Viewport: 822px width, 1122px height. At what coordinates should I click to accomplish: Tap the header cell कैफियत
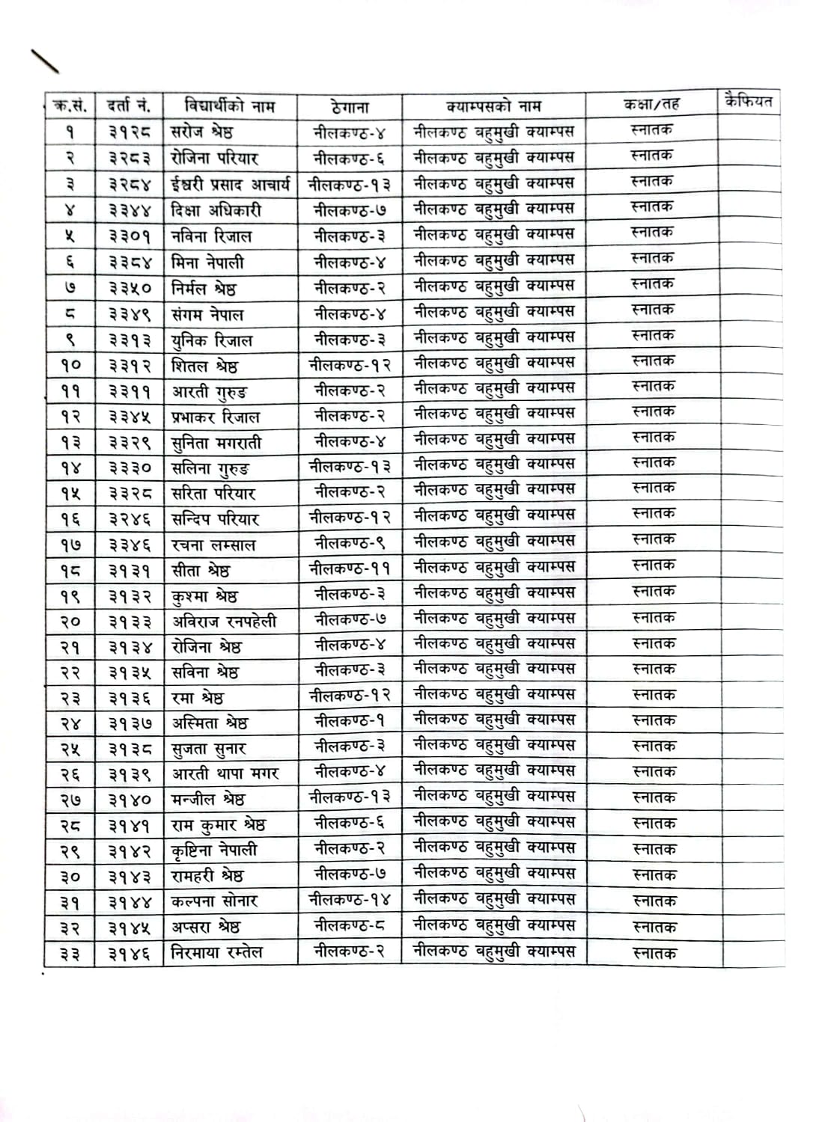(748, 102)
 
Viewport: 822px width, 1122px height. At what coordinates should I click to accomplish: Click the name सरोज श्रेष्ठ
(202, 132)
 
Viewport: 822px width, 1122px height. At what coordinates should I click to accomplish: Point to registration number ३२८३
(129, 159)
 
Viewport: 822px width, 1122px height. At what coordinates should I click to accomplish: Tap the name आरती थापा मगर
(225, 773)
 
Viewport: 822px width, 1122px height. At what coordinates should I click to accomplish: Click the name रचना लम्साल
(213, 545)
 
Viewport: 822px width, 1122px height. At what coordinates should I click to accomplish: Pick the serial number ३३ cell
(70, 954)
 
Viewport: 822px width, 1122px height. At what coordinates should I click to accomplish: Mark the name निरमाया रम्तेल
(217, 953)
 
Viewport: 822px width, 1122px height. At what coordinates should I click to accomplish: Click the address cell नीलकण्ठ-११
(350, 568)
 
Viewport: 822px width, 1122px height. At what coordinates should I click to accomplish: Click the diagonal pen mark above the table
(44, 61)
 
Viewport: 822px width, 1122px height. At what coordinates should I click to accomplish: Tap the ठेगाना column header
(349, 107)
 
